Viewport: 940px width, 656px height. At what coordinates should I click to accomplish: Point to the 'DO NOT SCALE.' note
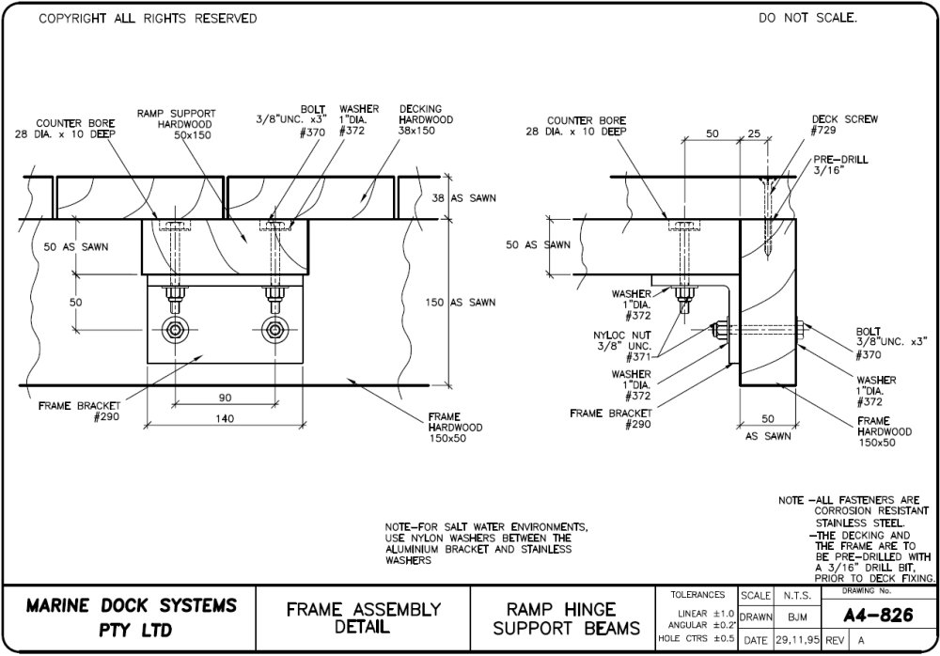click(807, 19)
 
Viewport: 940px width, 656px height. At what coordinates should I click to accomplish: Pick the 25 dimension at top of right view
click(753, 134)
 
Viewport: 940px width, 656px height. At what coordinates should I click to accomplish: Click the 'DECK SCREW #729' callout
click(831, 125)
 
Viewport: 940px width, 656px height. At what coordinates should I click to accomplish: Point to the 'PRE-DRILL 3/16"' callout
click(835, 166)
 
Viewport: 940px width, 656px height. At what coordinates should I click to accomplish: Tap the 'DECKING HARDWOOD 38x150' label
click(426, 119)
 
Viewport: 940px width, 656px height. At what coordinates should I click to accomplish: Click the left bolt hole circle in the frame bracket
click(176, 330)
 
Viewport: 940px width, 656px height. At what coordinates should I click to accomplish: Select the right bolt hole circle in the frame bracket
click(274, 330)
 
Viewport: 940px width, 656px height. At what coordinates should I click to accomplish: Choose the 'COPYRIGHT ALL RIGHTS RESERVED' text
click(148, 19)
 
